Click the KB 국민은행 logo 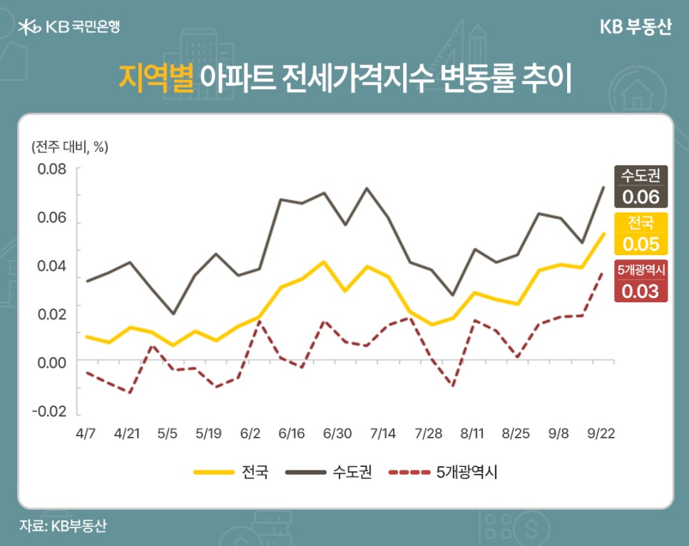click(70, 27)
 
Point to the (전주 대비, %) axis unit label click(70, 147)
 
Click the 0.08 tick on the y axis click(52, 170)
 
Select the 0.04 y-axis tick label click(52, 266)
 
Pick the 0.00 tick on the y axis click(52, 362)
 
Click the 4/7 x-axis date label click(86, 433)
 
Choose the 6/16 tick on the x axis click(292, 433)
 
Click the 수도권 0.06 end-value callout click(641, 187)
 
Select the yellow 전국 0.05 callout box click(641, 234)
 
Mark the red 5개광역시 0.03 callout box click(641, 281)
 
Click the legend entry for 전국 click(231, 472)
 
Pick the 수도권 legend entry click(328, 472)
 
